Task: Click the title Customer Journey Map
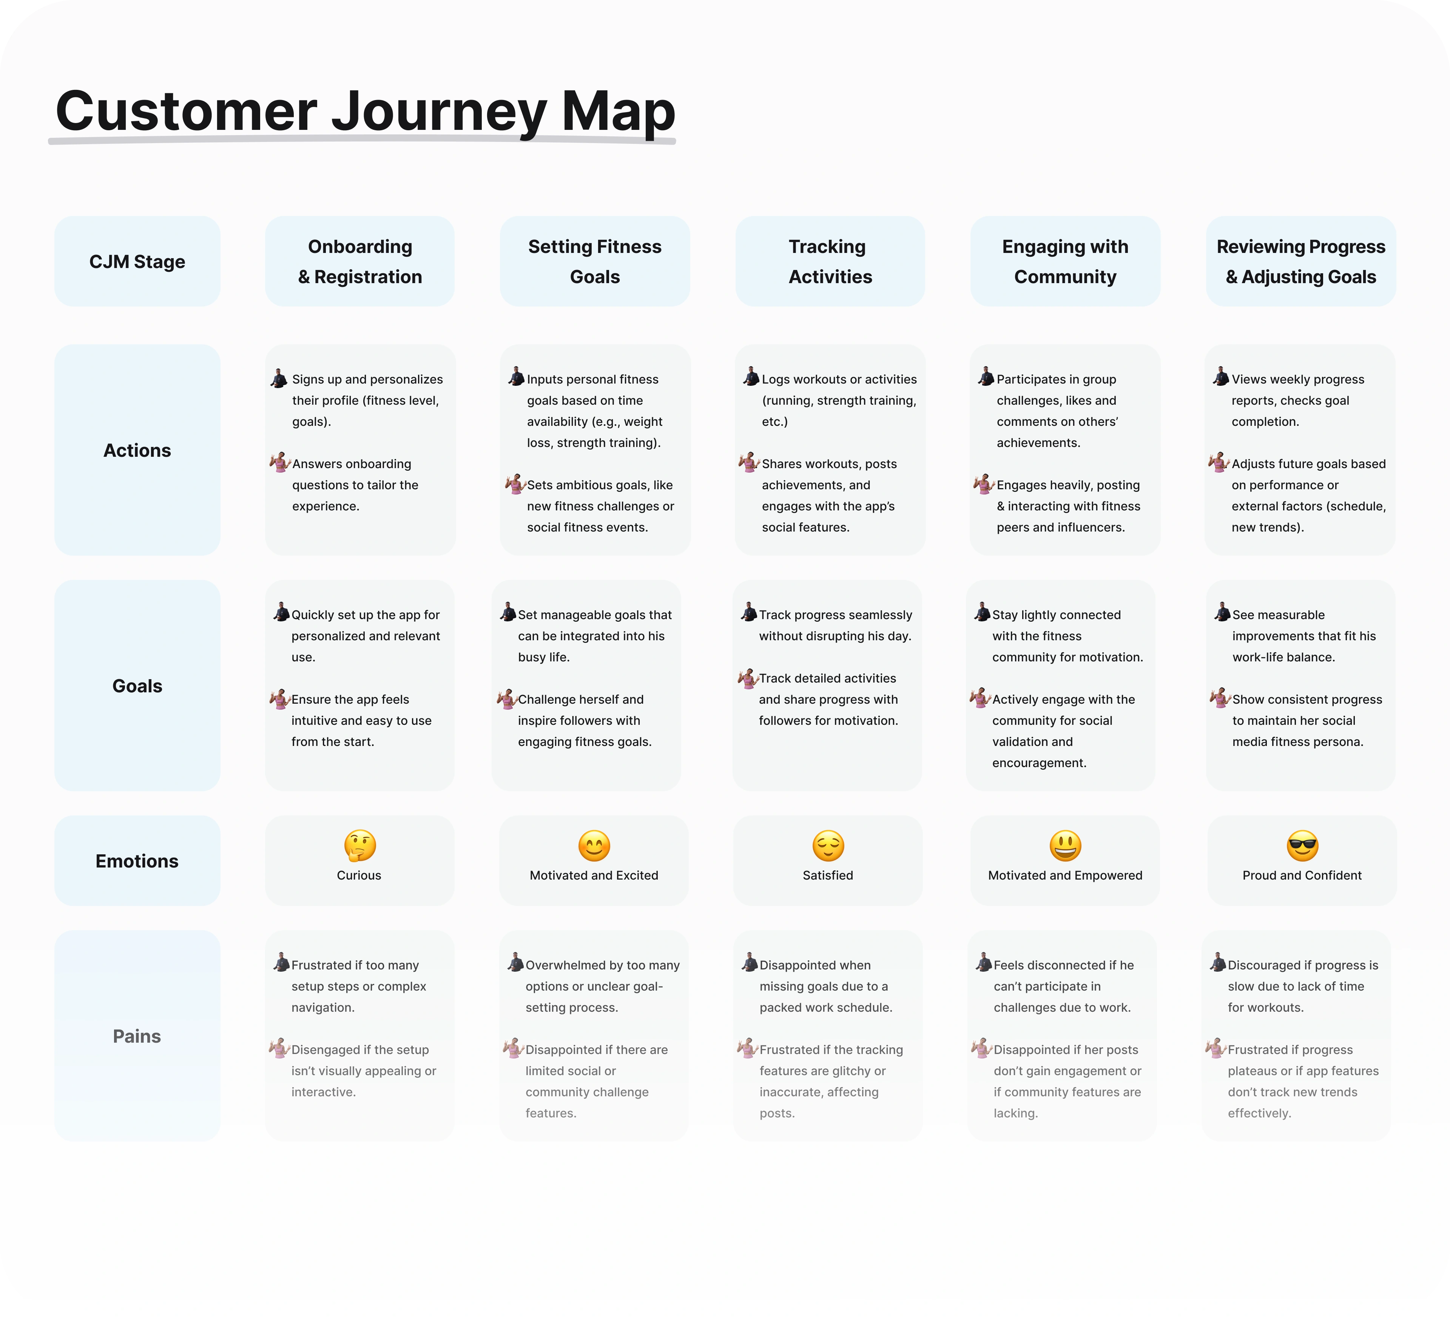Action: point(366,111)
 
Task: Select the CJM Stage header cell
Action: point(137,261)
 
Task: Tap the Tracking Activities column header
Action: point(830,261)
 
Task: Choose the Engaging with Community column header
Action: point(1065,261)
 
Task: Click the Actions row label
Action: point(137,450)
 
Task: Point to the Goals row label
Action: point(137,686)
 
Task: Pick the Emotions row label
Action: point(137,861)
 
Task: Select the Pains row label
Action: point(137,1035)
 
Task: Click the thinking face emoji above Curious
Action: point(359,846)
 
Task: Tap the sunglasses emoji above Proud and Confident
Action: point(1303,846)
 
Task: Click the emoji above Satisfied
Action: point(828,846)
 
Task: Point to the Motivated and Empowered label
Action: point(1065,875)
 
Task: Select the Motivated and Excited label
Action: point(594,875)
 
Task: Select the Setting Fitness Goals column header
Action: point(595,261)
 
